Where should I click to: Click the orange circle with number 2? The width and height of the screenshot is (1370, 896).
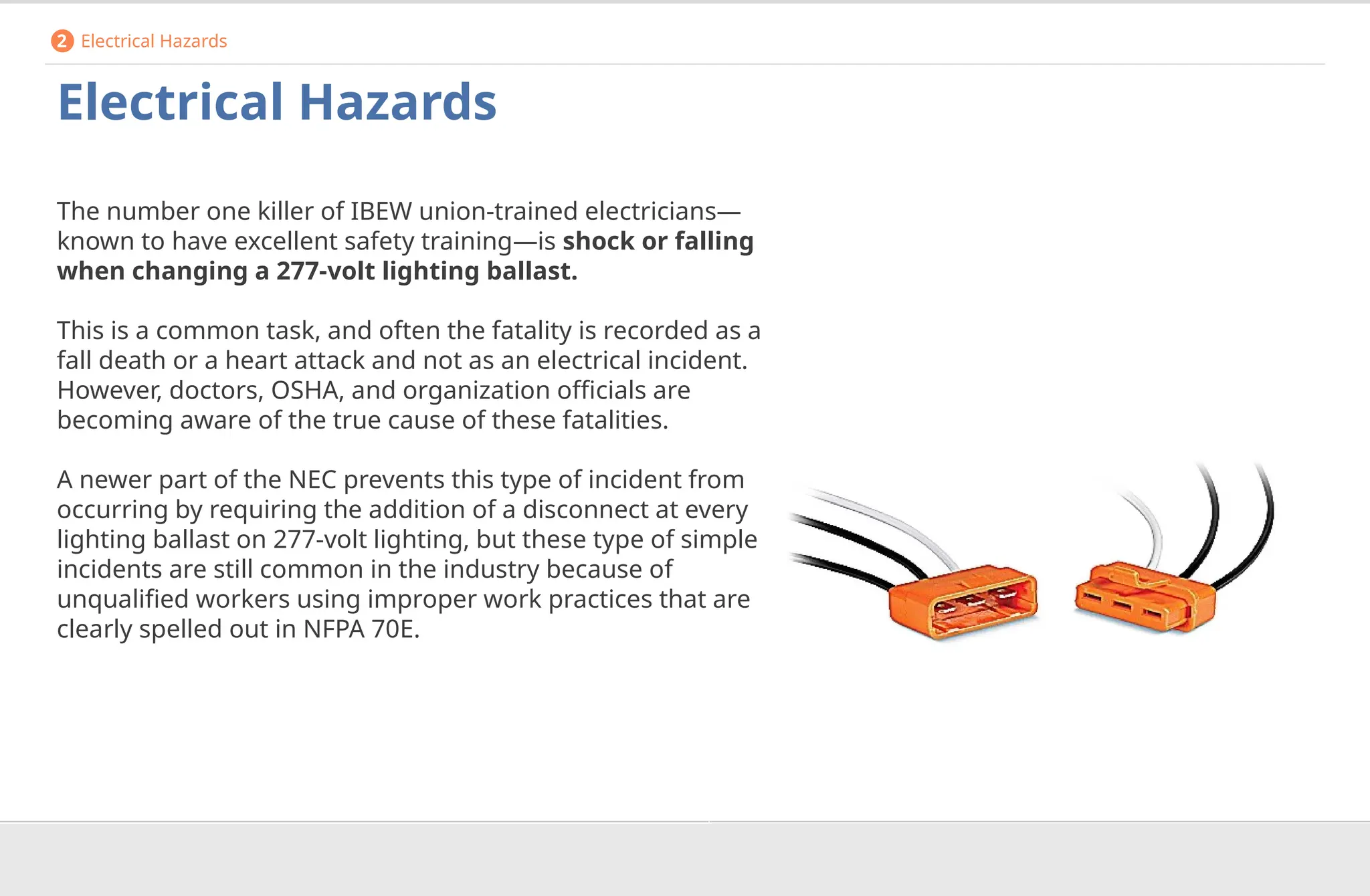62,41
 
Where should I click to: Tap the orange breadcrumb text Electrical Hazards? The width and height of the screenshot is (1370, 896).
154,41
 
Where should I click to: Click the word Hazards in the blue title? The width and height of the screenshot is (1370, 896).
397,102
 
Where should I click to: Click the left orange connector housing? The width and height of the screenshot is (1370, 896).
963,601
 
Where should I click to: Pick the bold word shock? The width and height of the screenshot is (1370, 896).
598,241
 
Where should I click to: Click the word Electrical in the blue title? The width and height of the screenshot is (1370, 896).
171,102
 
